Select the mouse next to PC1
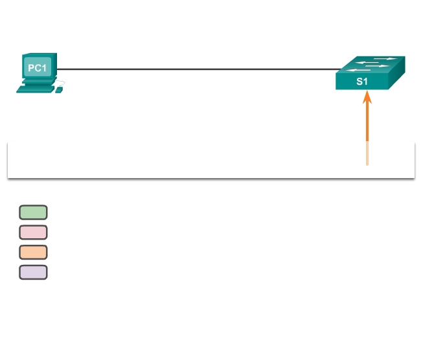59,90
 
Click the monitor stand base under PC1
37,82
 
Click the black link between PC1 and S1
194,69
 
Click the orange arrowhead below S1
367,98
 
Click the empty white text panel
194,159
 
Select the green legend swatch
33,212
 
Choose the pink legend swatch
33,232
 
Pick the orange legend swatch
33,253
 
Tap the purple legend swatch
33,272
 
